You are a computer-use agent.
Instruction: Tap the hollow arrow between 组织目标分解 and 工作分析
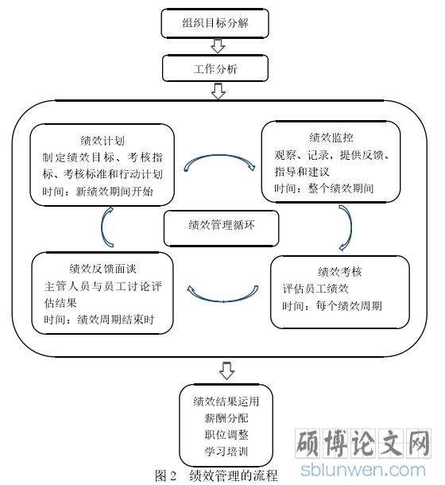click(x=218, y=46)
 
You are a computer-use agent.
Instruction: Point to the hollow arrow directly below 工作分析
click(x=219, y=91)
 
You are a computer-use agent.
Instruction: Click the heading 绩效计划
click(x=103, y=141)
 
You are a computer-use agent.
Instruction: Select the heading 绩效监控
click(x=331, y=138)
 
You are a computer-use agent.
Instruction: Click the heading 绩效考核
click(x=339, y=272)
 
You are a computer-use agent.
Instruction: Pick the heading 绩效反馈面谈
click(x=103, y=269)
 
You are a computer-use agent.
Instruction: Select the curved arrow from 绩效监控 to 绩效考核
click(x=350, y=227)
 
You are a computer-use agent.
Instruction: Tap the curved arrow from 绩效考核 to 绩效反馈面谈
click(x=222, y=301)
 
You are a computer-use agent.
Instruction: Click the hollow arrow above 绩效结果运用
click(x=226, y=371)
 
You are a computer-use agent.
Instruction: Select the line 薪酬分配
click(x=226, y=418)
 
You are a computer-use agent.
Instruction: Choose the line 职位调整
click(x=226, y=435)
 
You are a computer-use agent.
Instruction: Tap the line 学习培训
click(x=226, y=452)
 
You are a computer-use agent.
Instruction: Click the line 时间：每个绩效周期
click(x=332, y=306)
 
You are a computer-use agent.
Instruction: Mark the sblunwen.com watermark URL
click(x=362, y=470)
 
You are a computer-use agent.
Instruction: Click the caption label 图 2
click(x=165, y=475)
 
